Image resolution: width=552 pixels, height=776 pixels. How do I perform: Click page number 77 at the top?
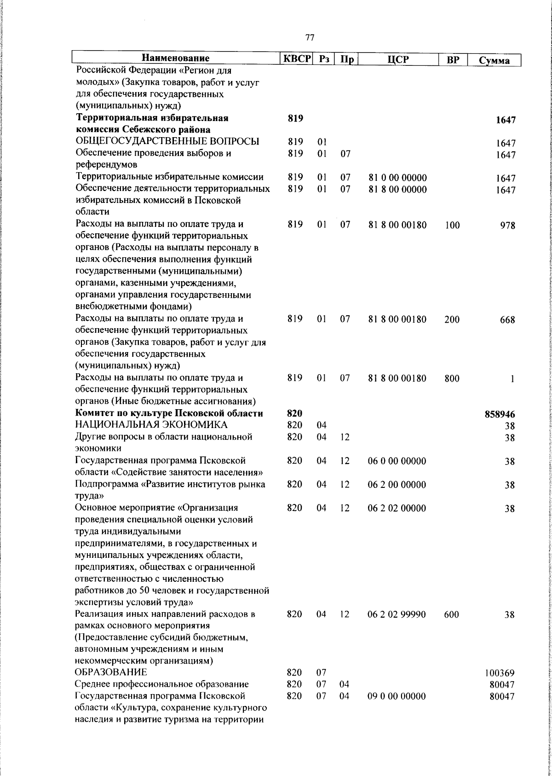coord(310,38)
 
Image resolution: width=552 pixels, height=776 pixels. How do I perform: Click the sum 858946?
coord(500,414)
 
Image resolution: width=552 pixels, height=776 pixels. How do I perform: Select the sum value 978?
coord(507,226)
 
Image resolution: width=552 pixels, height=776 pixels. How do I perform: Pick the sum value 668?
coord(507,320)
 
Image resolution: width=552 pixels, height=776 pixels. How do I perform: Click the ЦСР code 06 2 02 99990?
coord(397,614)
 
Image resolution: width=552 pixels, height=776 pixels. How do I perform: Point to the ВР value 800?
coord(452,379)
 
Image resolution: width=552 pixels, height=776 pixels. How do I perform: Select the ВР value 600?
coord(452,614)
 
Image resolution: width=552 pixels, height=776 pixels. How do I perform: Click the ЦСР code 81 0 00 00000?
coord(397,178)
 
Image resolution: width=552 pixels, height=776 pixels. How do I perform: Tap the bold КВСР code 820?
coord(294,414)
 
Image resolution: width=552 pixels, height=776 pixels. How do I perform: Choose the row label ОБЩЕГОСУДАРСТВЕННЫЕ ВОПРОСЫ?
coord(167,142)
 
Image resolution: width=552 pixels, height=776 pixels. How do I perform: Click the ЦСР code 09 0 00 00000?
coord(397,696)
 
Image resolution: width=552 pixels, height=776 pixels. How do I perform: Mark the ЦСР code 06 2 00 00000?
coord(397,485)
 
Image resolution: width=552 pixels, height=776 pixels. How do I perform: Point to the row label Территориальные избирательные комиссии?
coord(169,177)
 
